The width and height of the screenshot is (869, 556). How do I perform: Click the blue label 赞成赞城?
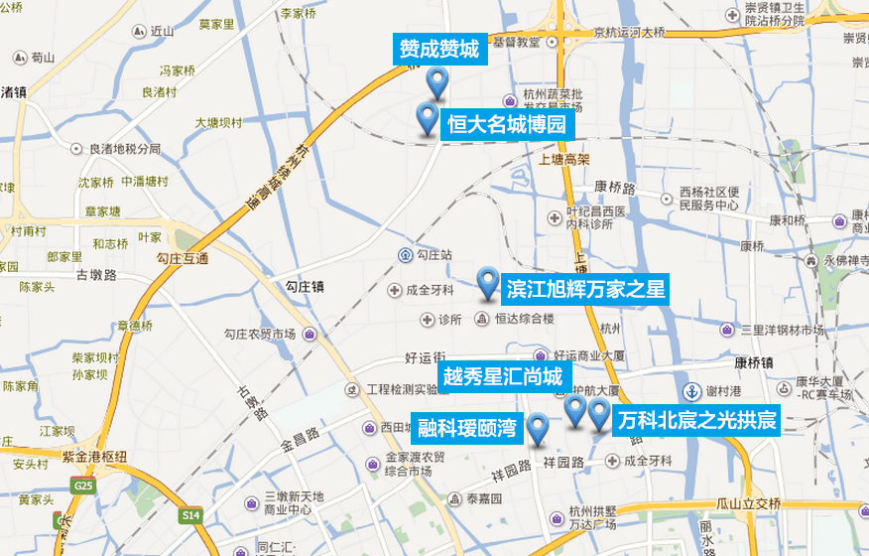click(x=438, y=49)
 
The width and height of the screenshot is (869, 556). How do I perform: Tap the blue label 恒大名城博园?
click(x=505, y=125)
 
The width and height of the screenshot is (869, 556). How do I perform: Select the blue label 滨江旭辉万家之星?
click(x=584, y=289)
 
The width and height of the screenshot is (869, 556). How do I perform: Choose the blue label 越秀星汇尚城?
click(x=502, y=376)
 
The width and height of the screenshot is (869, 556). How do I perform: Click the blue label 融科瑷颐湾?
click(x=466, y=428)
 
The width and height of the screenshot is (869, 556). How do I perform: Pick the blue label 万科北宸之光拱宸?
click(x=695, y=421)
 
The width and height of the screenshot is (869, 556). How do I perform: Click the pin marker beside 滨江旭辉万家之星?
click(x=486, y=284)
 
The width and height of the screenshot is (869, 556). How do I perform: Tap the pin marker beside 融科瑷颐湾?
click(x=537, y=429)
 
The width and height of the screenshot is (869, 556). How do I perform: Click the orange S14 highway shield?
click(x=190, y=515)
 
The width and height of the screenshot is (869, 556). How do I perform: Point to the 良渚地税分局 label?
click(x=124, y=149)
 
